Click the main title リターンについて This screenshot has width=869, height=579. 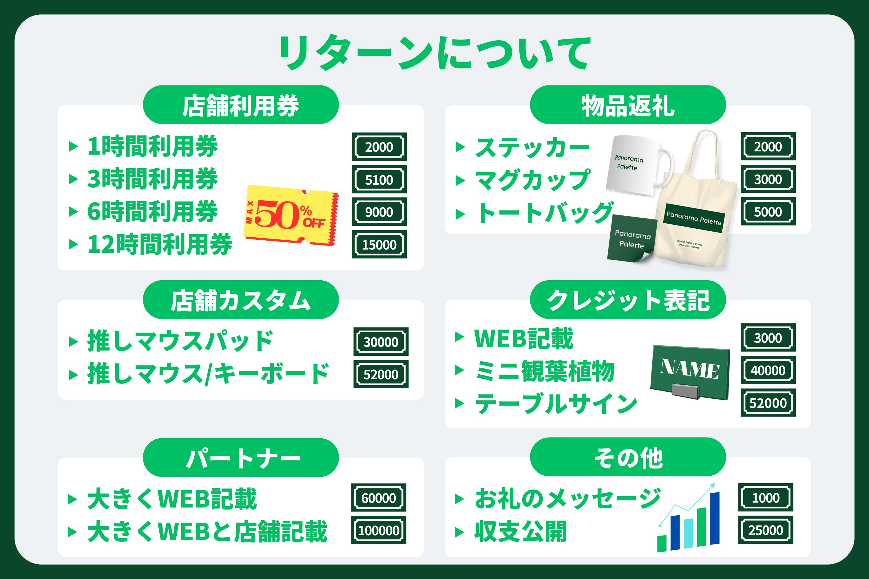click(434, 53)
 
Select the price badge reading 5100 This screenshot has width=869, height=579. click(379, 179)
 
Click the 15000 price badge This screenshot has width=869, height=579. click(379, 244)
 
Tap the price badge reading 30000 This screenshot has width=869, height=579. click(381, 342)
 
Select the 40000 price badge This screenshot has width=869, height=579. click(768, 370)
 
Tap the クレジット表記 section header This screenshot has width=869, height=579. click(628, 300)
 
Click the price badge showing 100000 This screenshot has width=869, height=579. click(379, 530)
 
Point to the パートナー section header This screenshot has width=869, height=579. click(241, 458)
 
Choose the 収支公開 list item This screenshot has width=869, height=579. click(521, 531)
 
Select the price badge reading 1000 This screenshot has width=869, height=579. click(766, 497)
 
